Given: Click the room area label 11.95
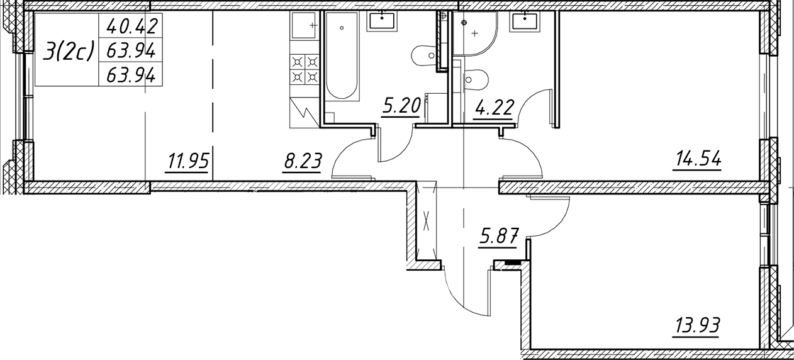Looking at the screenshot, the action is click(x=187, y=162).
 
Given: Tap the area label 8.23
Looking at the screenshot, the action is click(x=303, y=162).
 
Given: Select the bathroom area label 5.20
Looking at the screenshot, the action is click(x=401, y=106).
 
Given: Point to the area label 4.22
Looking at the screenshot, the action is click(x=493, y=108).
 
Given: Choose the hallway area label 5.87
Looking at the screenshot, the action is click(x=498, y=237).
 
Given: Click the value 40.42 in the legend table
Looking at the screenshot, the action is click(x=131, y=26).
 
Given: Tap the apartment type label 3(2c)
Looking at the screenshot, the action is click(x=69, y=51).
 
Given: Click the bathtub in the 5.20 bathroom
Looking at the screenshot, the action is click(x=342, y=56).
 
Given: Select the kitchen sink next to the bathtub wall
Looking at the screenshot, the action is click(x=304, y=25).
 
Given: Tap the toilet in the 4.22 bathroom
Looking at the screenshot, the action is click(x=476, y=80).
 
